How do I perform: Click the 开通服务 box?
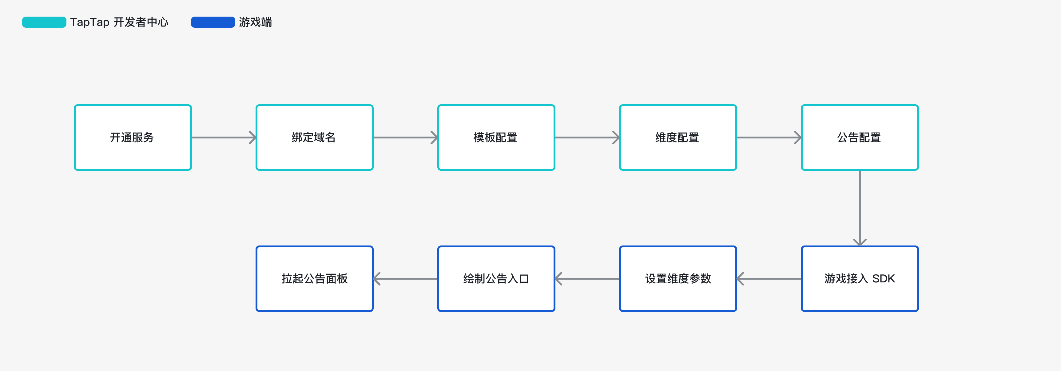pyautogui.click(x=133, y=137)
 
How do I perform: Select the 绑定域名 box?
pyautogui.click(x=314, y=137)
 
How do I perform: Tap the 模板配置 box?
pyautogui.click(x=496, y=137)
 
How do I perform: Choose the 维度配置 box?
pyautogui.click(x=678, y=137)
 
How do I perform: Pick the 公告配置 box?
pyautogui.click(x=860, y=137)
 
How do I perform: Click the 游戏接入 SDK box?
pyautogui.click(x=860, y=279)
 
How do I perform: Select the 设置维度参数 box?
pyautogui.click(x=678, y=279)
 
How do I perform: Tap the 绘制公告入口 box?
pyautogui.click(x=496, y=279)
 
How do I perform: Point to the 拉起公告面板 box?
pyautogui.click(x=314, y=279)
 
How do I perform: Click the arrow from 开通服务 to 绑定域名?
pyautogui.click(x=224, y=137)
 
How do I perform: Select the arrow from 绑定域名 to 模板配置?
pyautogui.click(x=406, y=137)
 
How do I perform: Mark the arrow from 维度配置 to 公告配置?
pyautogui.click(x=769, y=137)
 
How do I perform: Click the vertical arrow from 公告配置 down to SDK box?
pyautogui.click(x=860, y=208)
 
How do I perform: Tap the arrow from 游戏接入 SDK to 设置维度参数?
pyautogui.click(x=769, y=279)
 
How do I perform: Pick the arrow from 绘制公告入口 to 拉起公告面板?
pyautogui.click(x=406, y=279)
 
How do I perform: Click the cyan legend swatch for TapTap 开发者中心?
pyautogui.click(x=44, y=22)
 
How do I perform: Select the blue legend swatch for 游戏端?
pyautogui.click(x=213, y=22)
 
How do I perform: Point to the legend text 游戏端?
pyautogui.click(x=255, y=22)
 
